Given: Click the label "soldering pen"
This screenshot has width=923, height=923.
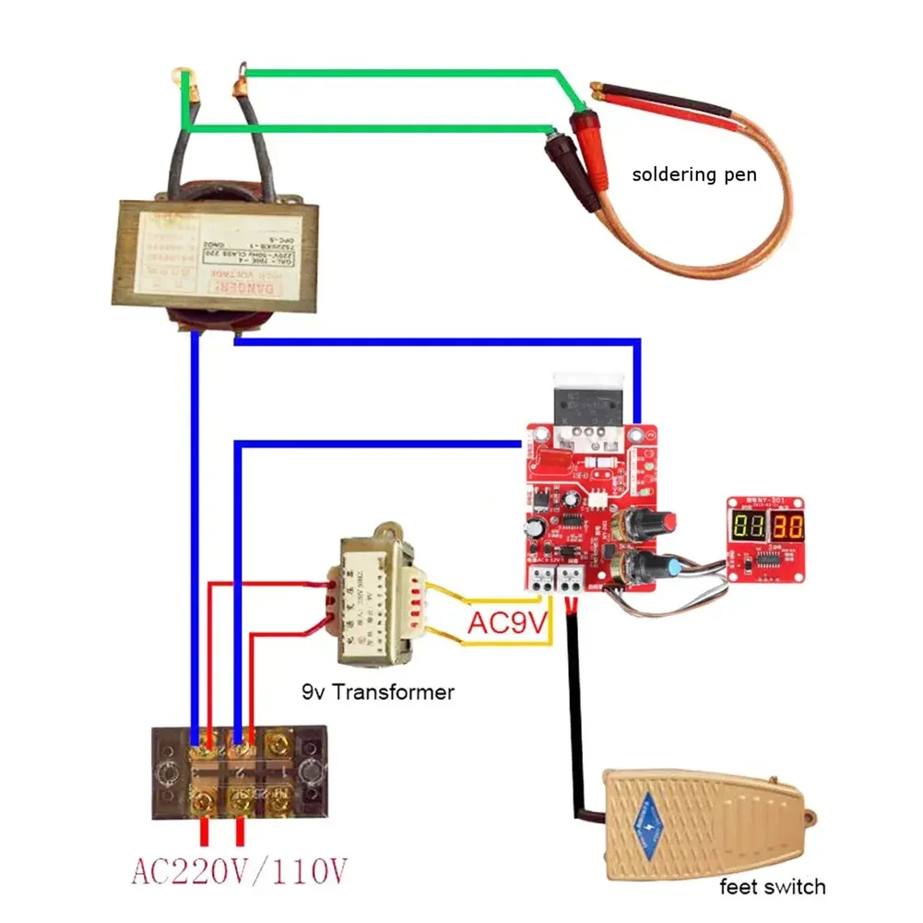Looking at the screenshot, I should click(x=693, y=173).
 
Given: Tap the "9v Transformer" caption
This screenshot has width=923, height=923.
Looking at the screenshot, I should click(x=377, y=691).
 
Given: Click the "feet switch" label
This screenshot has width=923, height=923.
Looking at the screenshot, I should click(x=772, y=887).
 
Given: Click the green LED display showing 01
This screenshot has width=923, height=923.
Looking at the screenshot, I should click(x=748, y=528).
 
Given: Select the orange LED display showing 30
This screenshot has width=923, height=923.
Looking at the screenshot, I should click(x=787, y=528).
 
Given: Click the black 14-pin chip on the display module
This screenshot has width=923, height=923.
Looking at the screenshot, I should click(x=766, y=560).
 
